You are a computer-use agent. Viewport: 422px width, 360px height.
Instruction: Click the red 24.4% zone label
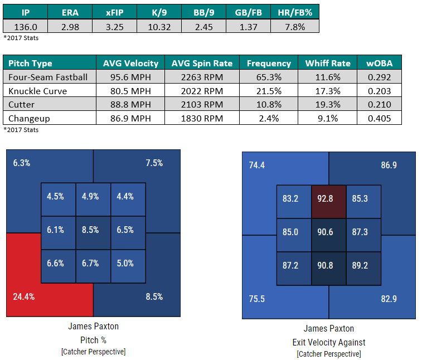click(23, 296)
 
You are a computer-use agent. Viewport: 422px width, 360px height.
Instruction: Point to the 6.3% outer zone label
click(22, 163)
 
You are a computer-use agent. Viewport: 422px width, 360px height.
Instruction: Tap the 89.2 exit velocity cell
click(363, 266)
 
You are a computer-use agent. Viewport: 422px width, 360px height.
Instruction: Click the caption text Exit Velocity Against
click(329, 342)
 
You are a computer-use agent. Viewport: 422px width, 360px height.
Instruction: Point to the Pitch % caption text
click(93, 339)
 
